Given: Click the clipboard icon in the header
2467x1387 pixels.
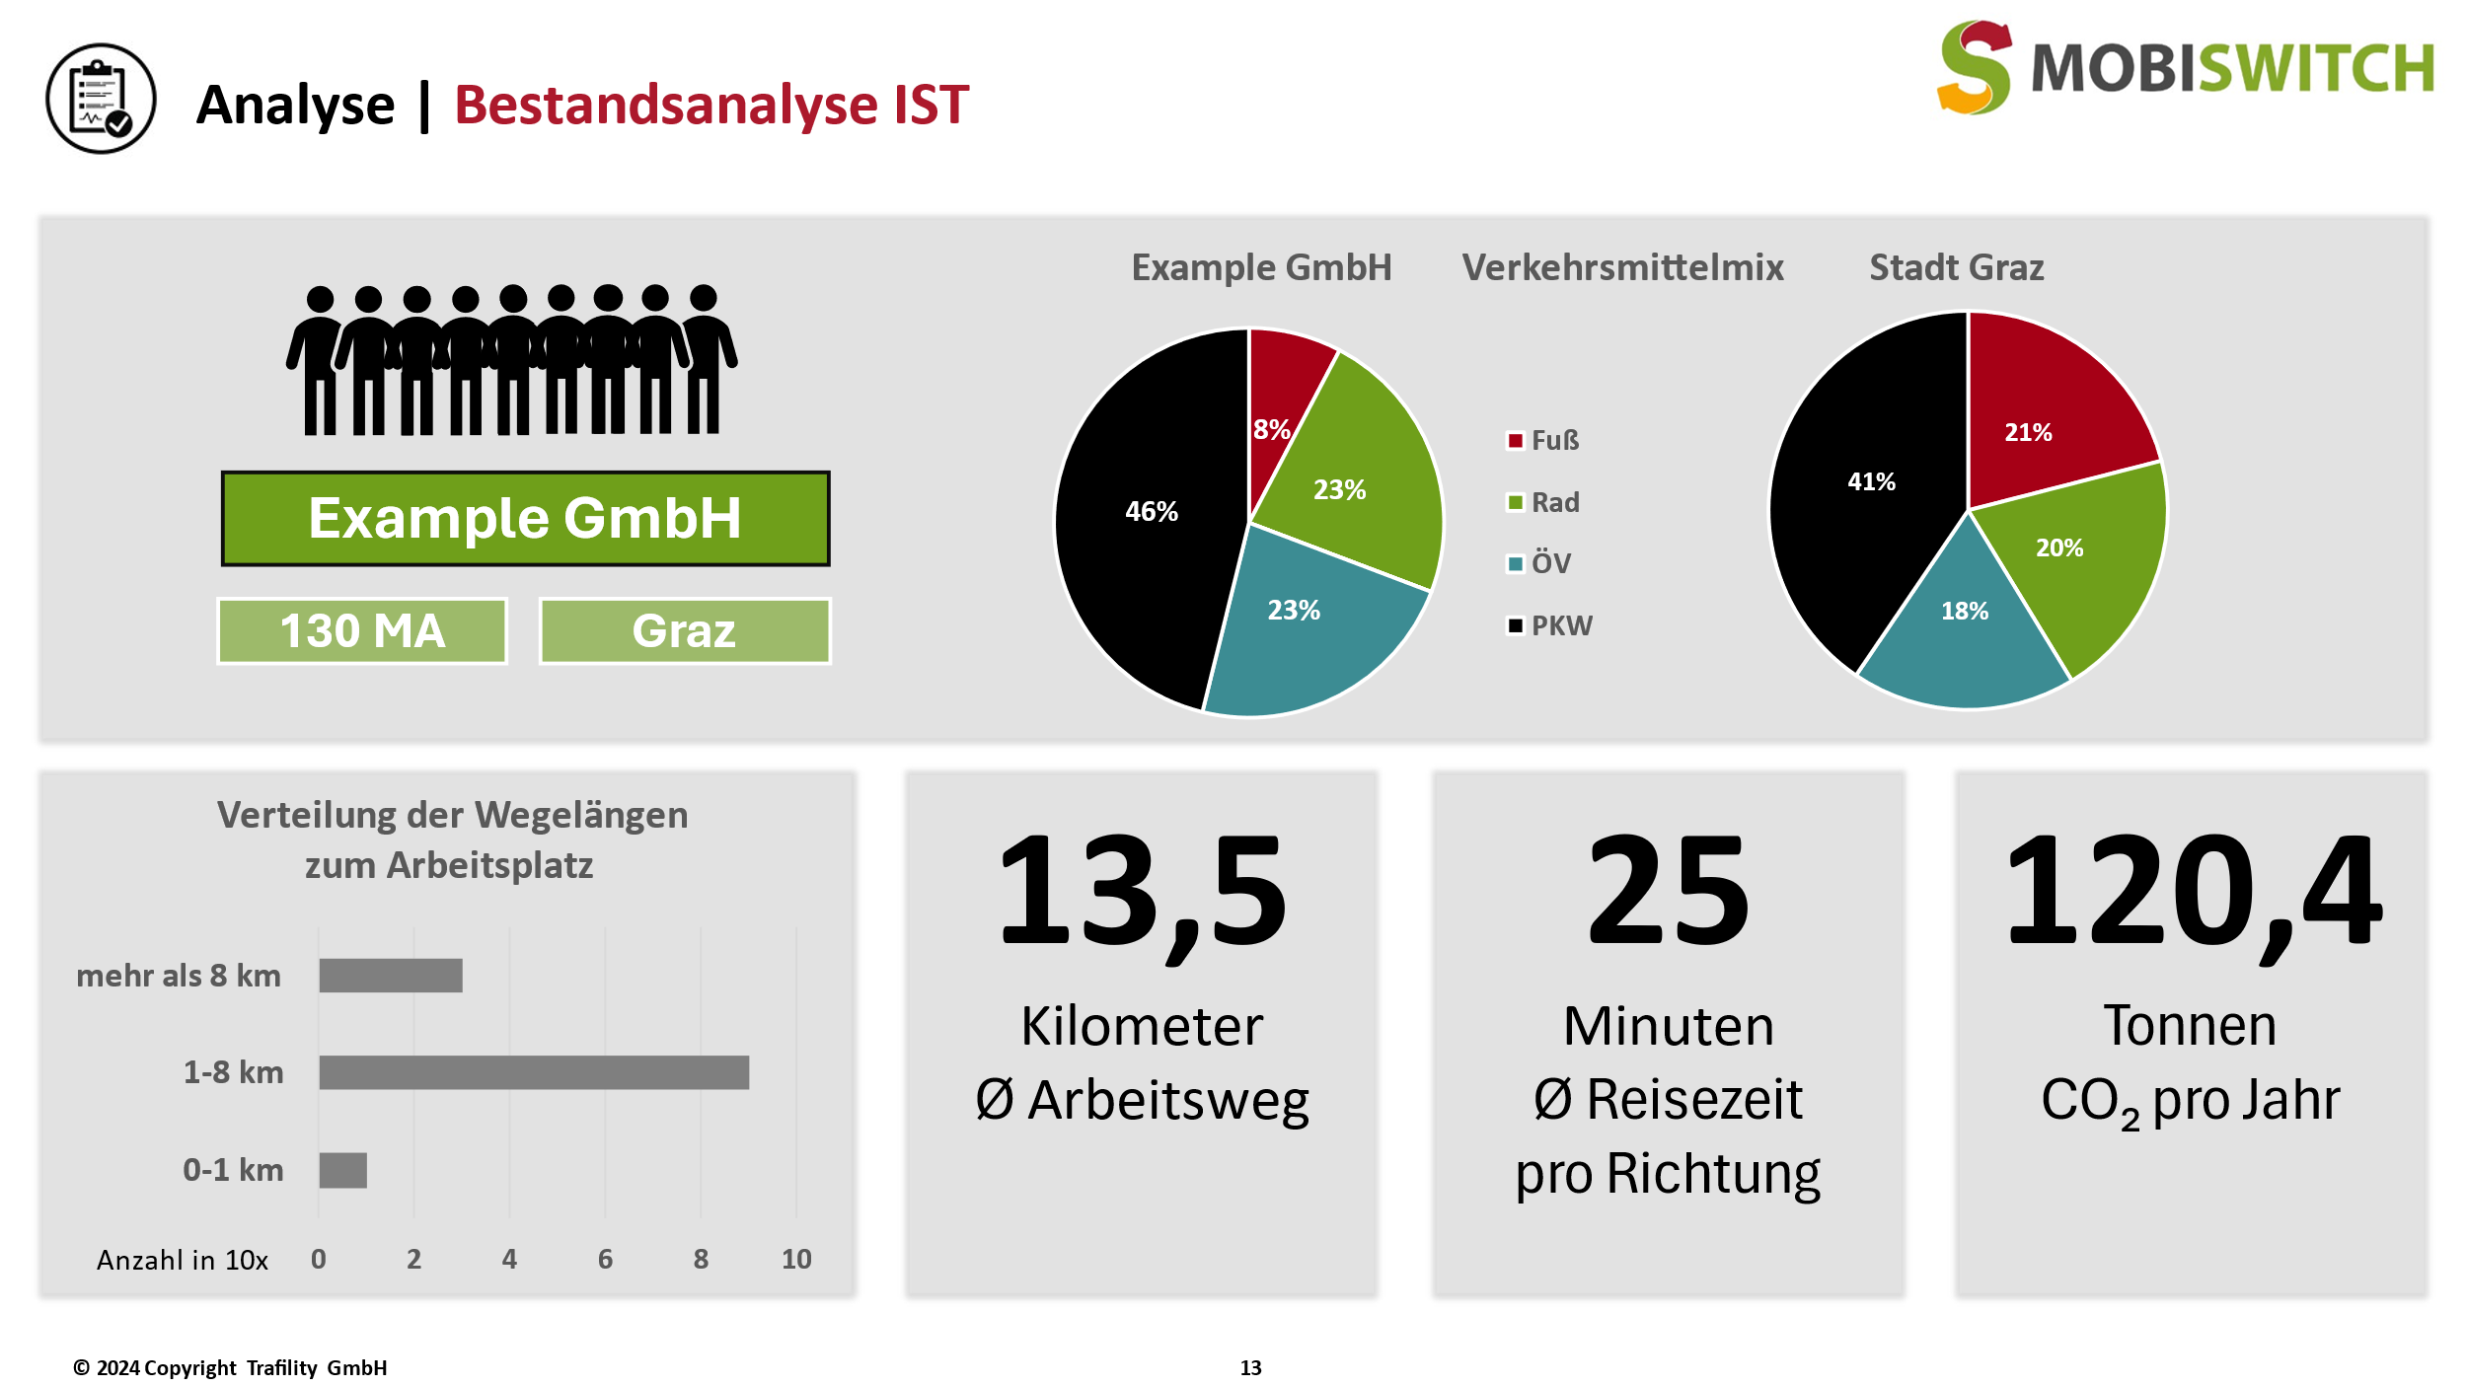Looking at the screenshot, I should [x=101, y=99].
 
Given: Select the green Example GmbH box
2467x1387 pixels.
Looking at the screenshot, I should [x=525, y=519].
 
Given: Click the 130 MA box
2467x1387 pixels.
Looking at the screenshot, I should [x=362, y=631].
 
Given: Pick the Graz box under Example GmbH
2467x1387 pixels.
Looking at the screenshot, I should [x=685, y=631].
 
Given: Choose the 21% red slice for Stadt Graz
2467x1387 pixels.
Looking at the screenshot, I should [x=2043, y=414].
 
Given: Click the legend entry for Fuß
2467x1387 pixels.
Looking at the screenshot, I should [x=1544, y=441].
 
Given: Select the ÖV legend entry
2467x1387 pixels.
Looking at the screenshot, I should [x=1539, y=564].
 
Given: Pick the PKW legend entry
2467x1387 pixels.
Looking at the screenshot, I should [x=1550, y=625].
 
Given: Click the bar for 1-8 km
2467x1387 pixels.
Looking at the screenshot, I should [x=534, y=1072].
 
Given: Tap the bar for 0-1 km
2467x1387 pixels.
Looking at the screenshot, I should [x=342, y=1170].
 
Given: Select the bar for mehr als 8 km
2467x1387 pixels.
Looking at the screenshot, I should [x=391, y=976].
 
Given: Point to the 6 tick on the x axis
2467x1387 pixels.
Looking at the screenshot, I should [x=605, y=1259].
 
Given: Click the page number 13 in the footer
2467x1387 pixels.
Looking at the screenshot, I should [x=1250, y=1367].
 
